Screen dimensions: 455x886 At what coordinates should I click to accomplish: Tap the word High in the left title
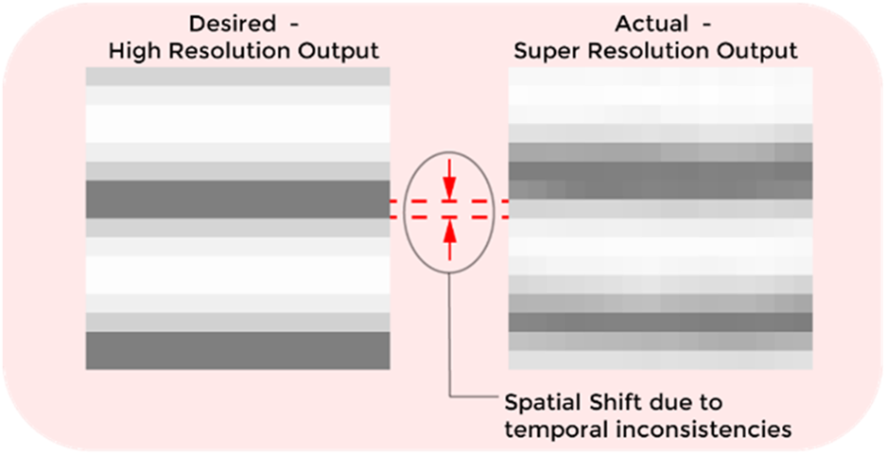[131, 52]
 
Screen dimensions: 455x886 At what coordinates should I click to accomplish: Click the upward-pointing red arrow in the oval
[450, 236]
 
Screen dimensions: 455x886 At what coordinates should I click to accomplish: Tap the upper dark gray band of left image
[237, 200]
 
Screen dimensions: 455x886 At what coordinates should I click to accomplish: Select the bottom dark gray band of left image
[237, 349]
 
